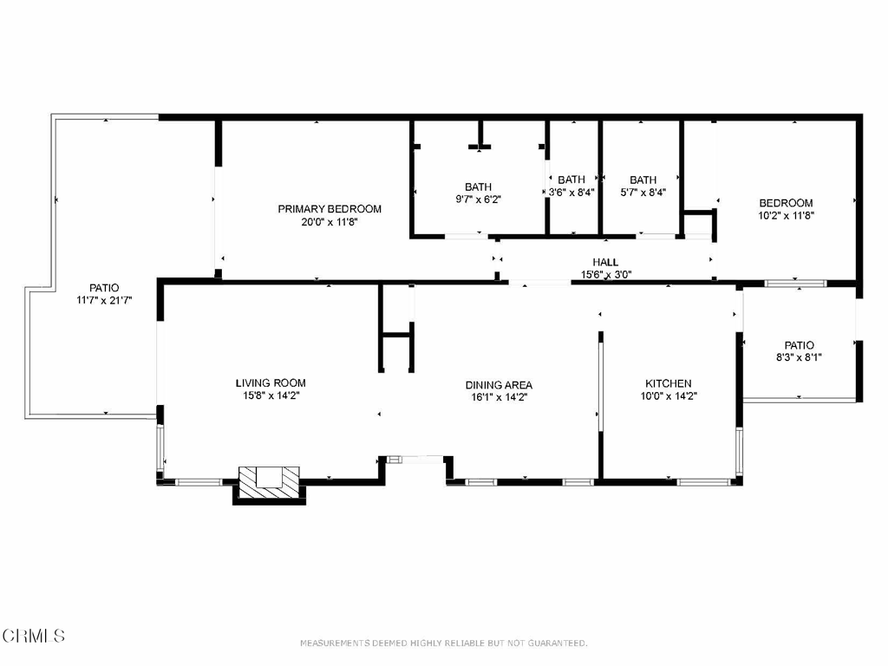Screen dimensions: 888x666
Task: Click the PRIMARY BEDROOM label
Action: point(330,209)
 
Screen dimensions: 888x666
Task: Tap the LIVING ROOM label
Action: point(271,382)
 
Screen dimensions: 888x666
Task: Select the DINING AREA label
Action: point(499,385)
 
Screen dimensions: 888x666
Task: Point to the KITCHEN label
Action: point(669,383)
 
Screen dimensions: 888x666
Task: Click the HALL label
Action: point(605,262)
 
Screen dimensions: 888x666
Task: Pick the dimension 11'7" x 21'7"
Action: point(104,300)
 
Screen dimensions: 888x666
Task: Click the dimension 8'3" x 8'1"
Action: point(799,357)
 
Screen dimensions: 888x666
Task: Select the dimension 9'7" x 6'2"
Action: point(479,199)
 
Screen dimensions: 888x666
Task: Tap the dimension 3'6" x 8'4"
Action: point(571,192)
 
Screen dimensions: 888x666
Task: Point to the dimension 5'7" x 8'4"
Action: point(643,192)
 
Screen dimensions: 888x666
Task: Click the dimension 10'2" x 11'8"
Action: point(786,215)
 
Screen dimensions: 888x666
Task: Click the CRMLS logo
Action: point(33,636)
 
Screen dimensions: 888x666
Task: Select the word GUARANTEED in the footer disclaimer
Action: point(558,643)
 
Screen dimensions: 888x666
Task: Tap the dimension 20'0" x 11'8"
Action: point(330,222)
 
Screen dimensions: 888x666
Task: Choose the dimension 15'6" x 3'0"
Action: point(606,275)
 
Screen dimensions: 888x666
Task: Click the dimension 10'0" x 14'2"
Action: point(669,395)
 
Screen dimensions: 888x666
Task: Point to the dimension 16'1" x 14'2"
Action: point(499,397)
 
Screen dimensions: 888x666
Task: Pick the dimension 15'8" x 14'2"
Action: point(271,395)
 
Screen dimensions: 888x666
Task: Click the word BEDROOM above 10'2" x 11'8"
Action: point(786,203)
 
